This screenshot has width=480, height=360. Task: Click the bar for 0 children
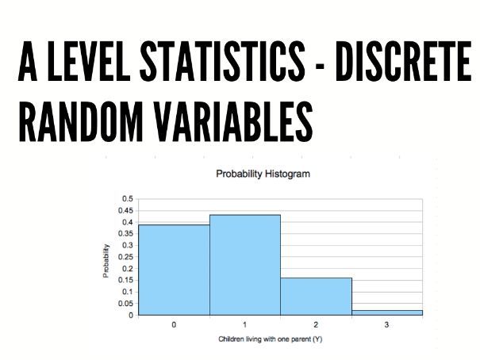(x=174, y=270)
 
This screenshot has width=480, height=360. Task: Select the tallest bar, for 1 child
(x=245, y=265)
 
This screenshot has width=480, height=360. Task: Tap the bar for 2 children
(x=317, y=297)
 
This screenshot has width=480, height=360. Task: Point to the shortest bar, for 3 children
(x=387, y=312)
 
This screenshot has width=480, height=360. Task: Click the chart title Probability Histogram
(x=263, y=174)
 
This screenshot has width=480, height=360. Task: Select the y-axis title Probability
(x=106, y=261)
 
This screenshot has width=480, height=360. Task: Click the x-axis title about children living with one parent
(x=271, y=339)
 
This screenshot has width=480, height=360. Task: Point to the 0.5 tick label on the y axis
(x=128, y=199)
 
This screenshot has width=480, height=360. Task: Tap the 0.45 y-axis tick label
(x=126, y=210)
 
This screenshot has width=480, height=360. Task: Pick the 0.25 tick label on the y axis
(x=126, y=257)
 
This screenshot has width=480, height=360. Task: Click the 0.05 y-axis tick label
(x=126, y=304)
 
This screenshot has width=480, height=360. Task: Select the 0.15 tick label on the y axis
(x=126, y=280)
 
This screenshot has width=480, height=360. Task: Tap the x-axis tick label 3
(x=386, y=324)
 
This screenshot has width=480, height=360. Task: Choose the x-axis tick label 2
(x=316, y=324)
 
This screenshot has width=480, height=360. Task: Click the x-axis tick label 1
(x=244, y=324)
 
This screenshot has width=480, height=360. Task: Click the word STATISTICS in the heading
(x=223, y=61)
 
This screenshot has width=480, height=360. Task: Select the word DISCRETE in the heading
(x=403, y=61)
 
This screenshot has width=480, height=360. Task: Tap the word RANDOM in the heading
(x=81, y=121)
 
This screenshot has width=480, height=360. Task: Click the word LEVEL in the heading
(x=89, y=61)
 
